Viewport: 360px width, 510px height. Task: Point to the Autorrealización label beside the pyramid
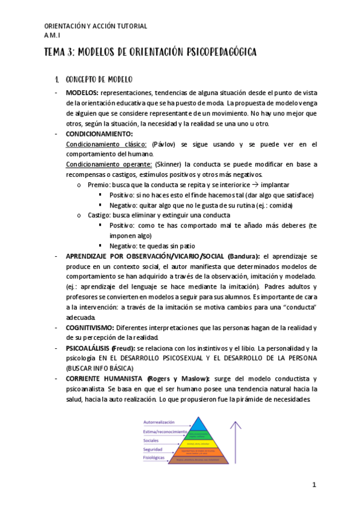point(159,422)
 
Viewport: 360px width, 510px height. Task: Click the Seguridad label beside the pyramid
point(153,449)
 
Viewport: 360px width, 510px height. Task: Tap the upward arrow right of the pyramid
point(236,442)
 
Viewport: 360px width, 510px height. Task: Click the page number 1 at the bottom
point(314,485)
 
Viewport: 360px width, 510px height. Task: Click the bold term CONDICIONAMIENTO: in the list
point(99,134)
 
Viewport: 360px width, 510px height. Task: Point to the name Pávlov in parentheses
point(163,144)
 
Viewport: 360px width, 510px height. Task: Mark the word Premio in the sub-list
point(97,185)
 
